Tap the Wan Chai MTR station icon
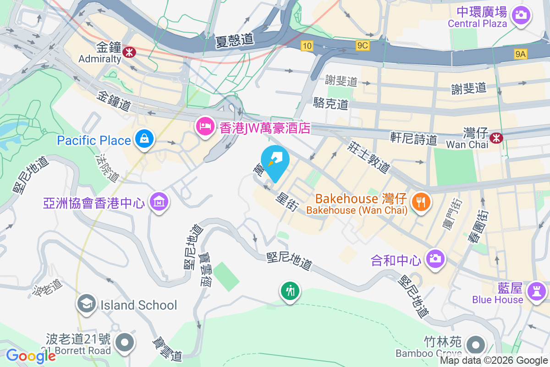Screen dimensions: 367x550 click(496, 137)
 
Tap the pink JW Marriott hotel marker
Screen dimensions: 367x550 click(204, 126)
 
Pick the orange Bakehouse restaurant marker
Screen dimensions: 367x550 click(420, 201)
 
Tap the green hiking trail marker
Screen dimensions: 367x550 click(291, 290)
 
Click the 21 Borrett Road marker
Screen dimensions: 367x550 click(124, 342)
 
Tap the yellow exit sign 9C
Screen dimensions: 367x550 click(362, 45)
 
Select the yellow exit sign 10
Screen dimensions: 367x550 click(307, 45)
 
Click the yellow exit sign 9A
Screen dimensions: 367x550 click(521, 54)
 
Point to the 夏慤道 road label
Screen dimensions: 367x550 click(234, 40)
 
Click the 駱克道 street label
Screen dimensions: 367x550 click(331, 103)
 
